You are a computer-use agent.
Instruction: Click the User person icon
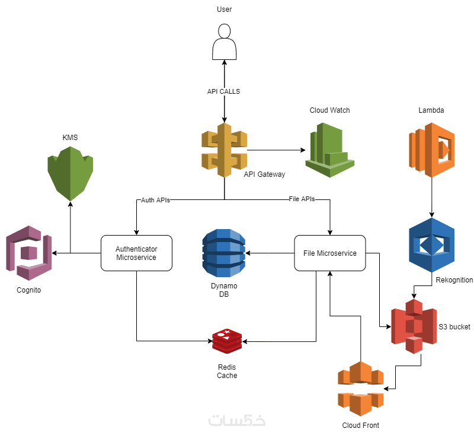click(x=224, y=42)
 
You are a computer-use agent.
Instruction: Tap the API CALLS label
click(x=223, y=92)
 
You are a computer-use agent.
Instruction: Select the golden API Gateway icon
click(x=224, y=150)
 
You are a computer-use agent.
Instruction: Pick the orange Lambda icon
click(x=431, y=150)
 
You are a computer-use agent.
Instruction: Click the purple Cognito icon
click(x=28, y=253)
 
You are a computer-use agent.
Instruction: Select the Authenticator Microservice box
click(x=137, y=253)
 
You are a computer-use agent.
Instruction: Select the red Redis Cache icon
click(x=227, y=340)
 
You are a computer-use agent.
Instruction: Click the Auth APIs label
click(x=155, y=200)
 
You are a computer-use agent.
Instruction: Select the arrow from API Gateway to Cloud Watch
click(x=276, y=150)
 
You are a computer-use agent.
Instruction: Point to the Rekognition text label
click(x=454, y=280)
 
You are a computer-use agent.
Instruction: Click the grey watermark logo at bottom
click(x=237, y=420)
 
